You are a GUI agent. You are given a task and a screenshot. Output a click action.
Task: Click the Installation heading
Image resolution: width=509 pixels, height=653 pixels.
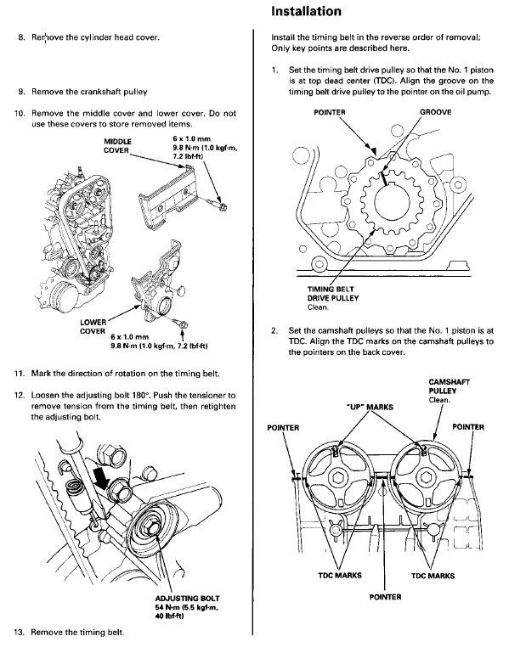tap(306, 11)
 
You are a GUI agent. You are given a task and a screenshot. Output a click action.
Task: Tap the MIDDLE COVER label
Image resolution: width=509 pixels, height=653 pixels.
tap(117, 146)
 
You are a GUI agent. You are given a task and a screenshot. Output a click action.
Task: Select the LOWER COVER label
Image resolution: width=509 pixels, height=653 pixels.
tap(93, 326)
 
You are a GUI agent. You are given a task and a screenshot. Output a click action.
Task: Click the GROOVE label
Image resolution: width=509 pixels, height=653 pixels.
tap(435, 112)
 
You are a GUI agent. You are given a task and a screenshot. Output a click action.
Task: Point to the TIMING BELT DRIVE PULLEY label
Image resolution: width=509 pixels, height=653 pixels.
tap(332, 294)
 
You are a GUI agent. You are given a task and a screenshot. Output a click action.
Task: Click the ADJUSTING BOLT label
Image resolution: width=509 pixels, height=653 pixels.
tap(187, 599)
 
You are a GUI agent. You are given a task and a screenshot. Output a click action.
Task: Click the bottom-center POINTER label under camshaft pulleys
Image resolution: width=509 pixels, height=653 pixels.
tap(385, 597)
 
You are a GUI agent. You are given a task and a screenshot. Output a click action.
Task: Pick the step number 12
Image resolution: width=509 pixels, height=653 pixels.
tap(20, 395)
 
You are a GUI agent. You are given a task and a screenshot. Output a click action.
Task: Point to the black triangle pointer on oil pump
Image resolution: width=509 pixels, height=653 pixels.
tap(374, 149)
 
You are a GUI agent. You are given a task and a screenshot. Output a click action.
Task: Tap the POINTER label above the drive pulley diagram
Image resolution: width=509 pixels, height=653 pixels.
tap(330, 112)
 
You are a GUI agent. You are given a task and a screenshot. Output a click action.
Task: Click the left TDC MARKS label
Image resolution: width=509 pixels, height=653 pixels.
tap(340, 575)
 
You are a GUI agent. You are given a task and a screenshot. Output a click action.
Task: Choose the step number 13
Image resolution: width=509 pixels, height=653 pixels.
tap(20, 632)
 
